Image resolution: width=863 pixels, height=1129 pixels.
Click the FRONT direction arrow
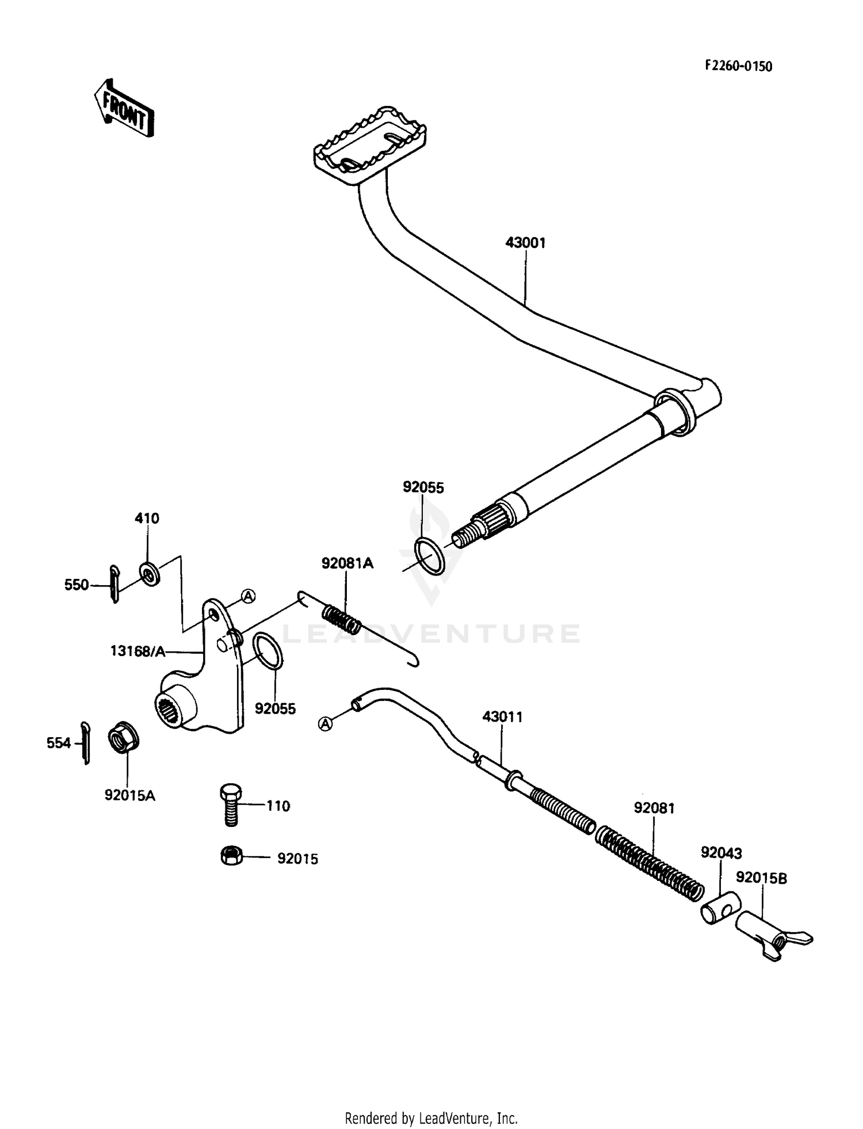[x=124, y=108]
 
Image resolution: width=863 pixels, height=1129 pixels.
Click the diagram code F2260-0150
[x=739, y=66]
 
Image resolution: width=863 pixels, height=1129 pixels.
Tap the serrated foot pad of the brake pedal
[x=371, y=146]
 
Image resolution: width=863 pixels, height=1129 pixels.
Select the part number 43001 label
[x=525, y=243]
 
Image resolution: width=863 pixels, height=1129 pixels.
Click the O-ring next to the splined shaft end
[x=429, y=556]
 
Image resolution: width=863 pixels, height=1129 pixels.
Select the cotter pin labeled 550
[x=114, y=584]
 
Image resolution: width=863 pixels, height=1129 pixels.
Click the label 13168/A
[x=138, y=651]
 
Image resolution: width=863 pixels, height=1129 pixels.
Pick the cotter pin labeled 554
[x=85, y=743]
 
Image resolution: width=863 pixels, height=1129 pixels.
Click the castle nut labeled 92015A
[x=121, y=741]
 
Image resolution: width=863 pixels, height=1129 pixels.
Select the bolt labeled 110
[x=230, y=804]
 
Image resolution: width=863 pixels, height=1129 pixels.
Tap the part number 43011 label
[x=502, y=717]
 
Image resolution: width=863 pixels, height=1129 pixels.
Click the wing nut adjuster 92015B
[x=774, y=935]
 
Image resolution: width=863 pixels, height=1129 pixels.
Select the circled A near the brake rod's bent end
[x=326, y=724]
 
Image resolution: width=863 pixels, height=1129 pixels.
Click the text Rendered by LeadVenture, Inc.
[x=431, y=1118]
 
